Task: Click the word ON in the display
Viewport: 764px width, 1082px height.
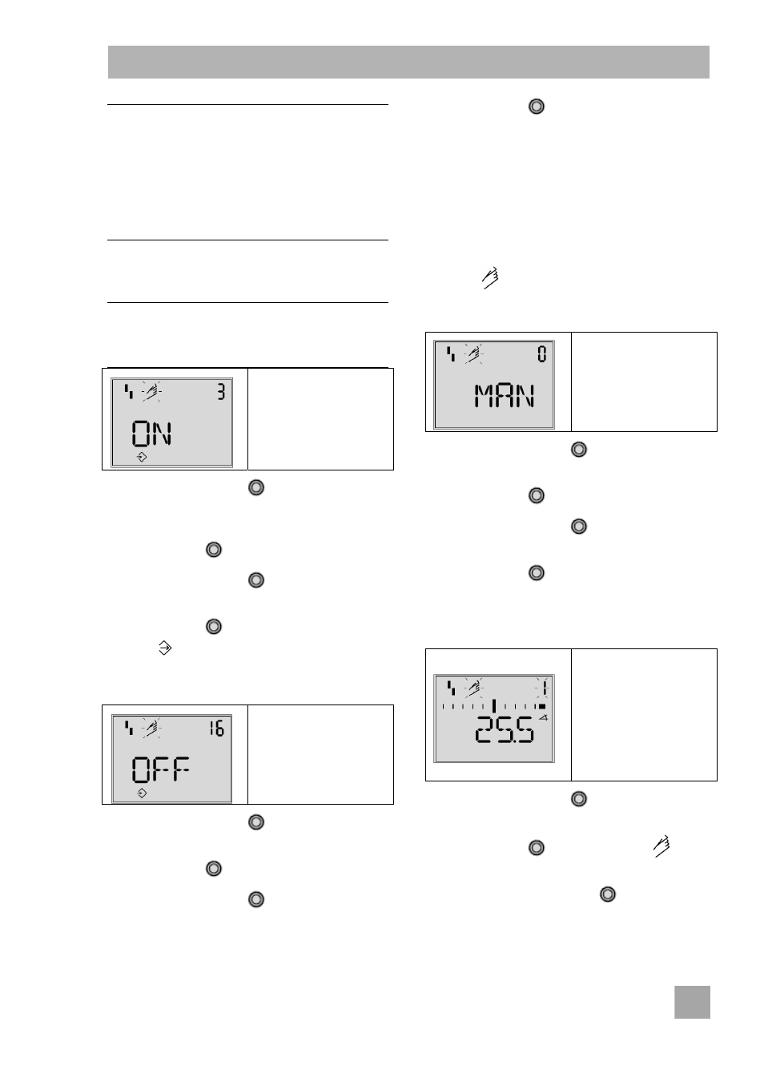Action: click(x=151, y=434)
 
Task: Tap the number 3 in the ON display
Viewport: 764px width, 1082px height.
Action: click(x=221, y=392)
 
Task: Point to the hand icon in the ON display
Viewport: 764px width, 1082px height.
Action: click(x=152, y=392)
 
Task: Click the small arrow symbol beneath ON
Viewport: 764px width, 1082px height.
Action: click(x=142, y=457)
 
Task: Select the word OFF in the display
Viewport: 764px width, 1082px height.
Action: click(x=160, y=769)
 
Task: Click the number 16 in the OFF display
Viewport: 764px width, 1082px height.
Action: click(x=217, y=728)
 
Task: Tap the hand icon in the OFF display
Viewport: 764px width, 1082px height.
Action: click(x=152, y=729)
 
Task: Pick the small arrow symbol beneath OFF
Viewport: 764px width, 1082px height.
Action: click(x=142, y=793)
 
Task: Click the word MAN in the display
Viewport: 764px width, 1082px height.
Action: click(x=505, y=396)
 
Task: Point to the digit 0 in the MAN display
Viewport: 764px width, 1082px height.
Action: click(x=542, y=354)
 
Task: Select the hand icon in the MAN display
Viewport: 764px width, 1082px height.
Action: click(x=474, y=354)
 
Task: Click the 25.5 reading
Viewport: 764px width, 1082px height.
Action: click(x=505, y=730)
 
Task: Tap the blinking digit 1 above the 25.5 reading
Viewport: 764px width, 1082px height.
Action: click(x=545, y=688)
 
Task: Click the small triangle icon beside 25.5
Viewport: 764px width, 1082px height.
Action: click(x=544, y=717)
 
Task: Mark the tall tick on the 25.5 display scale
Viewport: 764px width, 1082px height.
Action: click(x=494, y=705)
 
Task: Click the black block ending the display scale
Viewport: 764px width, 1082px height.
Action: click(x=542, y=706)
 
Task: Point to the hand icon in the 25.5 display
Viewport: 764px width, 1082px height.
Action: click(x=474, y=688)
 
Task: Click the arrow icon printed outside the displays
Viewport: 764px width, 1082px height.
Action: click(x=165, y=648)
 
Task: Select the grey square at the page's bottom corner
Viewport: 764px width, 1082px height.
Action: click(x=692, y=1002)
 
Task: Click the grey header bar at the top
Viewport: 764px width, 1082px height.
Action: click(x=408, y=62)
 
